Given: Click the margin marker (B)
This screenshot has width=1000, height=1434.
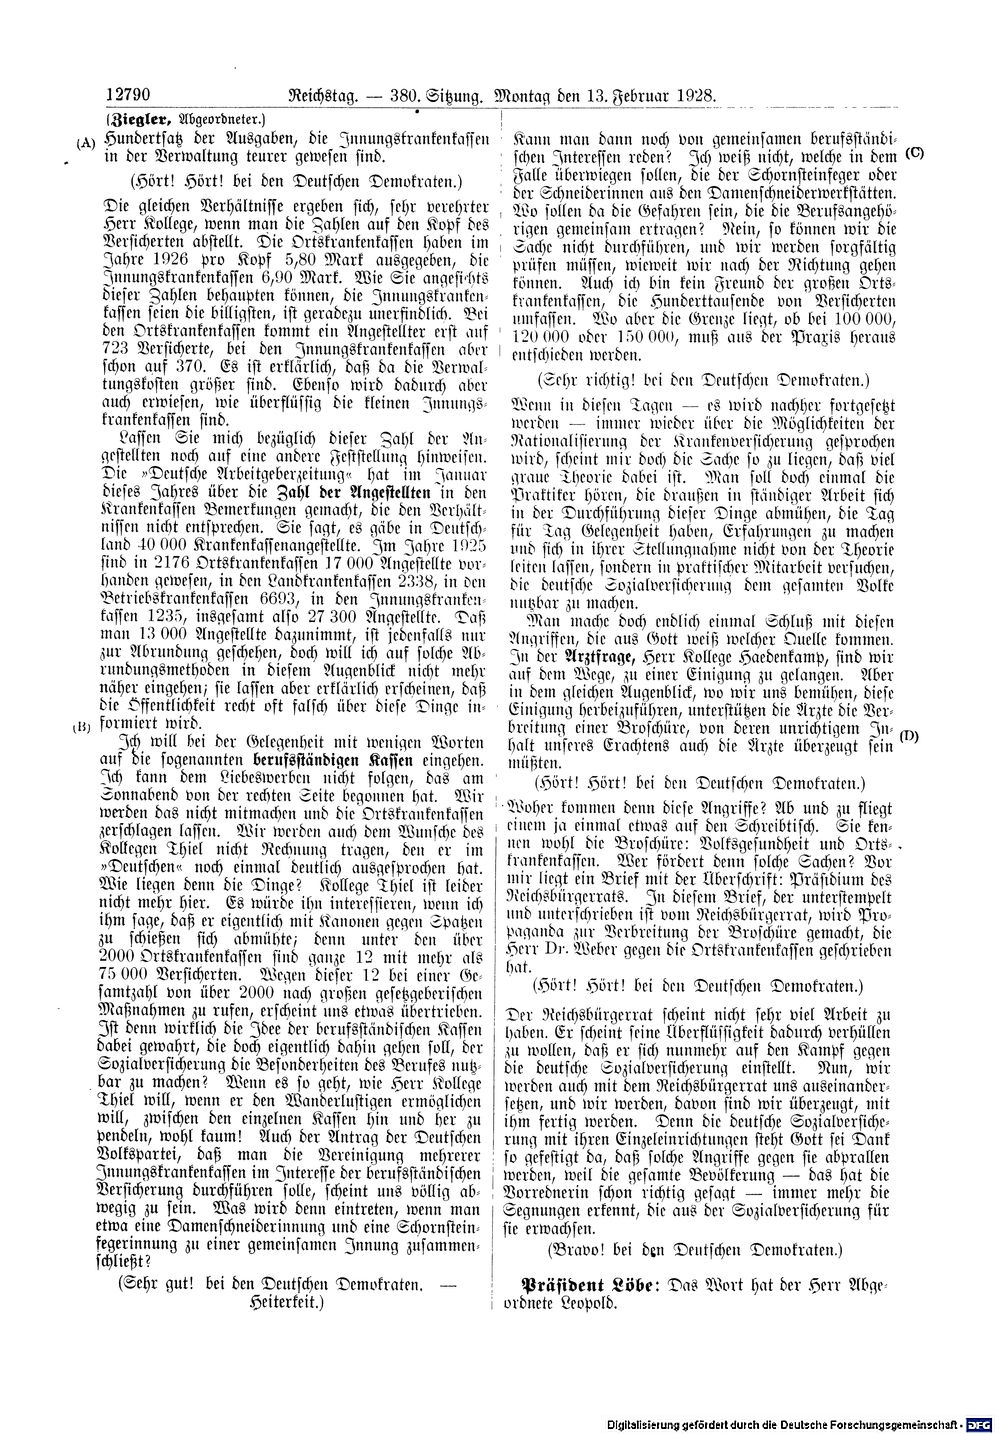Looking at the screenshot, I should click(83, 726).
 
